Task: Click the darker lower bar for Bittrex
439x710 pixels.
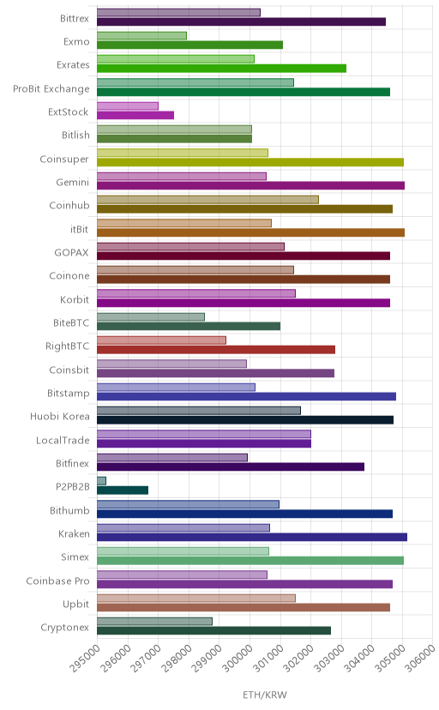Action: click(x=241, y=21)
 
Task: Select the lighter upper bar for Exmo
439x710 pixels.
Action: click(x=141, y=36)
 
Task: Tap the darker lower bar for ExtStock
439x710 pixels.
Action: click(x=135, y=115)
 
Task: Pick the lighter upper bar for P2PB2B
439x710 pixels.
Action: click(x=101, y=481)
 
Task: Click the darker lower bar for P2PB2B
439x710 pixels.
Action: click(x=123, y=490)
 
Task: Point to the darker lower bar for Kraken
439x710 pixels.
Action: click(x=252, y=537)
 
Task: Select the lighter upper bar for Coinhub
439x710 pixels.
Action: click(x=207, y=200)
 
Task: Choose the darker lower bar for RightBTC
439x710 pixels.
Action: click(x=216, y=350)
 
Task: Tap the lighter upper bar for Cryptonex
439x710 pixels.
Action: click(x=155, y=621)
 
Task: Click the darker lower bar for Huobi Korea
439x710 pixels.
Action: click(x=245, y=420)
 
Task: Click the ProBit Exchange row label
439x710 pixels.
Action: click(x=51, y=89)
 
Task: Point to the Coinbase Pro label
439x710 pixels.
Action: click(x=58, y=581)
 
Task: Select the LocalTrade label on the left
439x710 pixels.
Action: click(x=63, y=440)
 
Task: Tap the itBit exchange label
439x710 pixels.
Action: click(x=79, y=229)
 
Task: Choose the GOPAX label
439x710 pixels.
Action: click(x=71, y=253)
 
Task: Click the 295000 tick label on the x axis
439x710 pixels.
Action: click(x=85, y=658)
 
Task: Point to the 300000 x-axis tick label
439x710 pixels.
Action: click(x=238, y=658)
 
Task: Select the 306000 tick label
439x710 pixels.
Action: click(x=420, y=658)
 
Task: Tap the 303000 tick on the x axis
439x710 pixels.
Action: click(x=329, y=658)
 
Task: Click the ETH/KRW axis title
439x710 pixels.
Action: click(x=265, y=695)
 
